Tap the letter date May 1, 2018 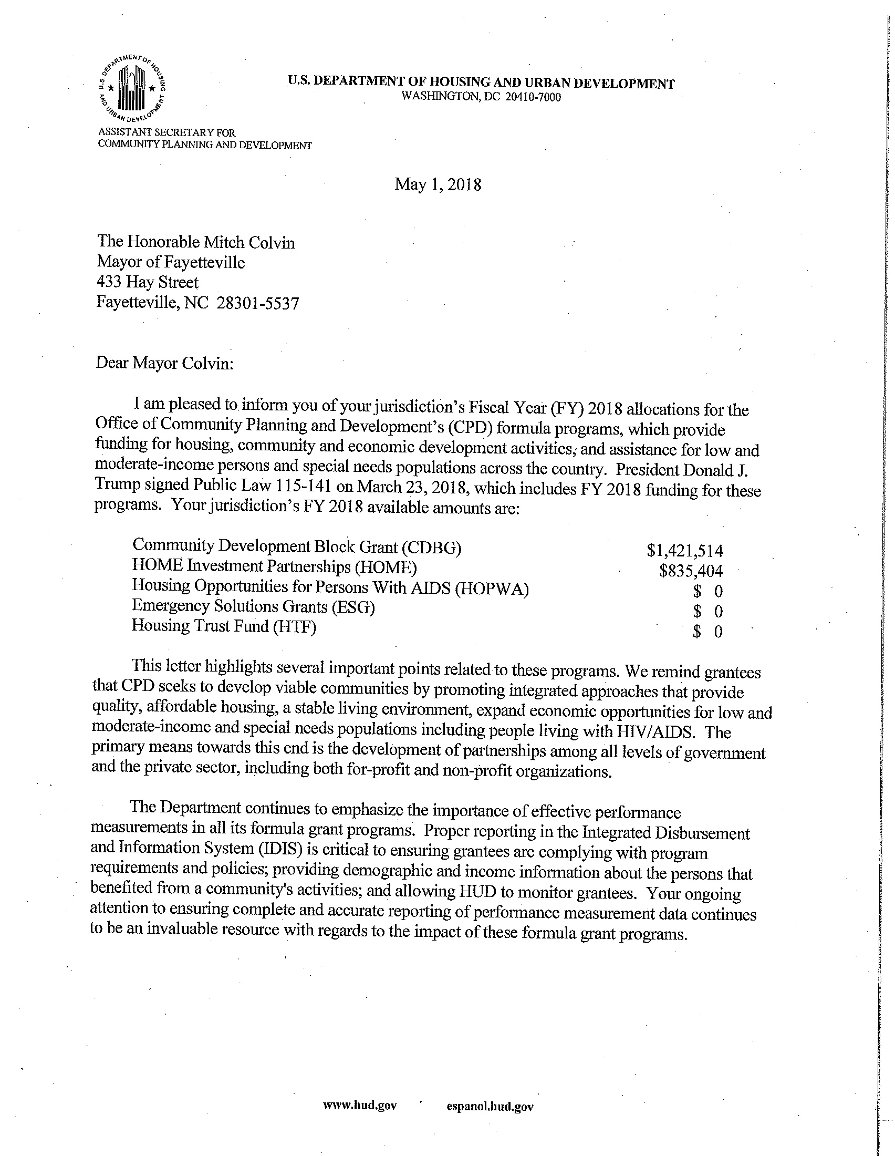pyautogui.click(x=438, y=185)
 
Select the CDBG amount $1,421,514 pyautogui.click(x=684, y=551)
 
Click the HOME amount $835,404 pyautogui.click(x=691, y=571)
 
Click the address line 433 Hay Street pyautogui.click(x=148, y=283)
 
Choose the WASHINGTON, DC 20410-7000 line pyautogui.click(x=481, y=97)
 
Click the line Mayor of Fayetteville pyautogui.click(x=170, y=263)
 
